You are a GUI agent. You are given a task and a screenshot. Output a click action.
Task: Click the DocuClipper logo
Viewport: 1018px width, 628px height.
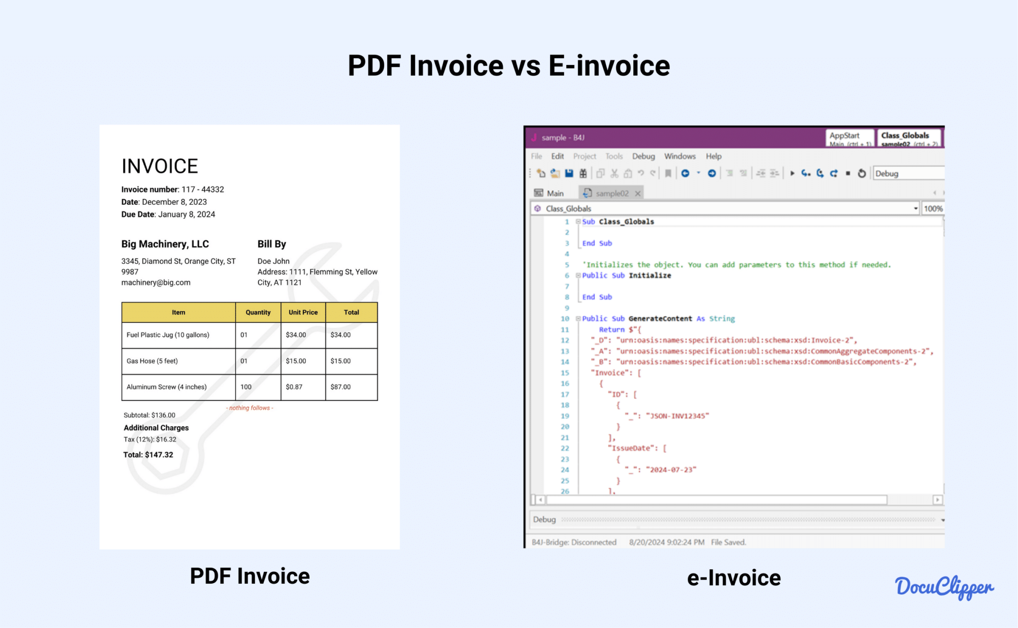click(944, 588)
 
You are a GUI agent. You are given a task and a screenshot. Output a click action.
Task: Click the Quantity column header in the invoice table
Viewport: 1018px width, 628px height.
click(258, 313)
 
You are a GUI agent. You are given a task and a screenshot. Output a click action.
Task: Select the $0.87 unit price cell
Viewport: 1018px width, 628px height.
click(294, 387)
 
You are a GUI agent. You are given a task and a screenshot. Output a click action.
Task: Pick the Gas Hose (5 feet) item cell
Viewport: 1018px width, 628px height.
click(152, 361)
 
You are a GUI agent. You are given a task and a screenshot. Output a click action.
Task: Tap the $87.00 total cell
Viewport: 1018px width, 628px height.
click(340, 387)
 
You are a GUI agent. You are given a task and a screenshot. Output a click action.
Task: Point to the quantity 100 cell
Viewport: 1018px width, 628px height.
click(246, 387)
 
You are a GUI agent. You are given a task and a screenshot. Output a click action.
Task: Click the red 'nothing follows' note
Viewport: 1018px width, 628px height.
click(250, 408)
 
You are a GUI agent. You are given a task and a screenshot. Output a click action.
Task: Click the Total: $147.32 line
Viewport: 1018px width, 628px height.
click(148, 455)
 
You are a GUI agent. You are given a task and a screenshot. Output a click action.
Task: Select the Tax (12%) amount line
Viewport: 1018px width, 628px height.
click(150, 439)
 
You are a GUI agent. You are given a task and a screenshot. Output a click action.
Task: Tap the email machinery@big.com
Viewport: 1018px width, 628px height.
click(156, 283)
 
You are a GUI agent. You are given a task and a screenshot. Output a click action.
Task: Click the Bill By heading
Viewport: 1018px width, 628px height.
click(271, 244)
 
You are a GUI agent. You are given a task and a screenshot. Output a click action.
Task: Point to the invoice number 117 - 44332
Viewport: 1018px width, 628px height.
click(202, 189)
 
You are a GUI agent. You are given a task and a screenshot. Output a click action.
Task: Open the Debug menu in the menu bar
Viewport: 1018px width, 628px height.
click(643, 156)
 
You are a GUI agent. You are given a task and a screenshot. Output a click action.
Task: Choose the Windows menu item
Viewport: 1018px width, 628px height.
click(679, 156)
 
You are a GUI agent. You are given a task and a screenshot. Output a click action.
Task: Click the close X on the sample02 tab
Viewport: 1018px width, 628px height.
click(638, 193)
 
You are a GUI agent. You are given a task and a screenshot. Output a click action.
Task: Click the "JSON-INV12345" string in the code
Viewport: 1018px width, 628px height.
click(677, 416)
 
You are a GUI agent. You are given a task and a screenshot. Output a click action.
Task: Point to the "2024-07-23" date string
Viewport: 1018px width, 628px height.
click(671, 470)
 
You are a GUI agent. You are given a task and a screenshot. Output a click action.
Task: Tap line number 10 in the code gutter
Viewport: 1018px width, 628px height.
click(565, 318)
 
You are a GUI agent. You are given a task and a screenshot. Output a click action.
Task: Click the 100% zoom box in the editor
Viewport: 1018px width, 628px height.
click(933, 209)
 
